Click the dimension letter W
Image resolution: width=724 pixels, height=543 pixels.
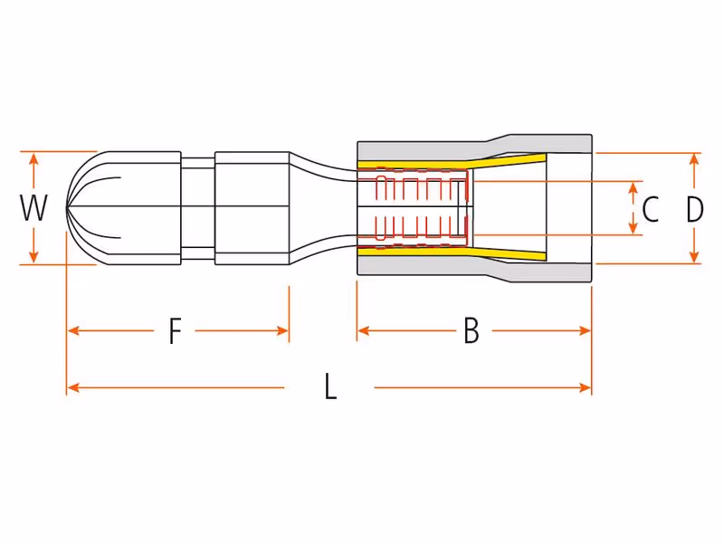[33, 208]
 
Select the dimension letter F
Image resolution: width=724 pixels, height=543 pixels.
[175, 331]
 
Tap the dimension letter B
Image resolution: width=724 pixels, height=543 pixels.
[471, 330]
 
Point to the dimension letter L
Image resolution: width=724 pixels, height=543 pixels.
[330, 386]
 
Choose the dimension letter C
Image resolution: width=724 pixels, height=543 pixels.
[650, 209]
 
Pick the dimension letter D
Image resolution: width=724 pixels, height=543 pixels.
[694, 209]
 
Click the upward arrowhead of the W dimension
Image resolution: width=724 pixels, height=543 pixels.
[33, 158]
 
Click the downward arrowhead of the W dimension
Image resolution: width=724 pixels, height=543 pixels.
[33, 257]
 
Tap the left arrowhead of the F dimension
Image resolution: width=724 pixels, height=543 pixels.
[73, 330]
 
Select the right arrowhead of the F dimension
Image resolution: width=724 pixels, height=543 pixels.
[282, 330]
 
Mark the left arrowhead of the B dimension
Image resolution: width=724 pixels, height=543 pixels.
[364, 330]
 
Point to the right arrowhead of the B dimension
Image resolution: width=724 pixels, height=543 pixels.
[585, 330]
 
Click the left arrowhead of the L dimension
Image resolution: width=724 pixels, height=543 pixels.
[73, 387]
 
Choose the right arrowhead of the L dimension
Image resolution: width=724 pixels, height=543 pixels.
[585, 387]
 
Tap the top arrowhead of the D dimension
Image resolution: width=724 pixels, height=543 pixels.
[694, 159]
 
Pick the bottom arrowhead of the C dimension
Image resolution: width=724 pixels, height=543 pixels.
[633, 228]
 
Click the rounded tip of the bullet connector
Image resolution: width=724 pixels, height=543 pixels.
[67, 208]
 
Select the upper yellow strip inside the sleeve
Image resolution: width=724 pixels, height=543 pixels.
[452, 163]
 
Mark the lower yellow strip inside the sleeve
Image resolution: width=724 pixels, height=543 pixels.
[452, 253]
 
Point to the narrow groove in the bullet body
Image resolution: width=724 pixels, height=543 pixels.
[198, 208]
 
